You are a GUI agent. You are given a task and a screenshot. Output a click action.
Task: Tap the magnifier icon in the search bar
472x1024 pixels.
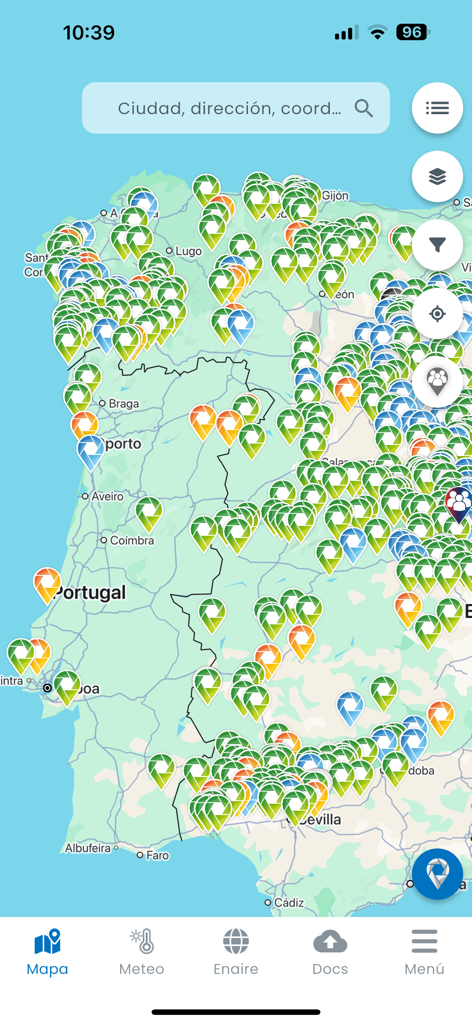(364, 108)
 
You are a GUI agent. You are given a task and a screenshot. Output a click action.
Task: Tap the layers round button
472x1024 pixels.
(437, 177)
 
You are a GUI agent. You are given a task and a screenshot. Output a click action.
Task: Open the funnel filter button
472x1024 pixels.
(437, 245)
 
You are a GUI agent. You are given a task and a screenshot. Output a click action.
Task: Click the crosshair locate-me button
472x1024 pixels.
(437, 314)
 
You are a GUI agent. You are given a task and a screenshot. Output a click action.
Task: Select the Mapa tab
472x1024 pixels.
(47, 952)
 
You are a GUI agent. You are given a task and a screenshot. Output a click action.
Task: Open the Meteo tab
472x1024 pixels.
(141, 952)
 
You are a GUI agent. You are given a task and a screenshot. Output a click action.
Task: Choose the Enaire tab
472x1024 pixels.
(236, 952)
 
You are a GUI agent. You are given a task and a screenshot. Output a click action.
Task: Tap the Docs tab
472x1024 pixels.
(330, 952)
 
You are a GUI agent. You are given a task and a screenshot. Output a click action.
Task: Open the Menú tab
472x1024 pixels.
(424, 952)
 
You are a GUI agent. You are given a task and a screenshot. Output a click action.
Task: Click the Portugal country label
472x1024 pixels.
(91, 592)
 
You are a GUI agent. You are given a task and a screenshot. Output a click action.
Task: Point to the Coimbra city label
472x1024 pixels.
(132, 540)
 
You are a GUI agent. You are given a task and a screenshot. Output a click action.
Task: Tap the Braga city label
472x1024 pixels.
(124, 404)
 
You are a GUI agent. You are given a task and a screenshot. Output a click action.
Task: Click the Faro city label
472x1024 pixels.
(158, 855)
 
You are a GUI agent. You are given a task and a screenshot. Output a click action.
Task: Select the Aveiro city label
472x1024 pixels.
(107, 496)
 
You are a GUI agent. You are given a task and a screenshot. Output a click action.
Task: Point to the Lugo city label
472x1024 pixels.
(188, 251)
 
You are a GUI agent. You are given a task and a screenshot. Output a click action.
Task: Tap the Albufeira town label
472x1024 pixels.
(87, 848)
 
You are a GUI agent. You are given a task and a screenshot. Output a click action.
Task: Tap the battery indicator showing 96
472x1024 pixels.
(411, 32)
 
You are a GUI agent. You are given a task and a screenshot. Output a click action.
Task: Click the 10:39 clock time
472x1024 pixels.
(89, 32)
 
